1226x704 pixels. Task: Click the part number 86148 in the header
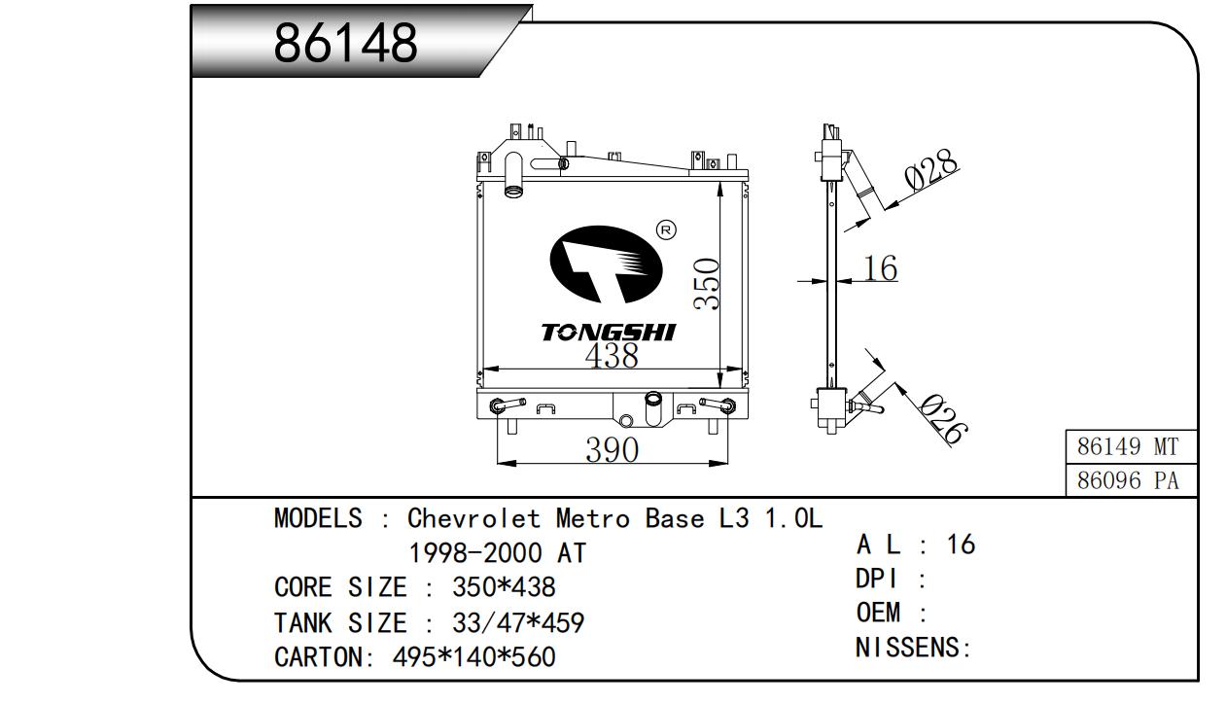(345, 43)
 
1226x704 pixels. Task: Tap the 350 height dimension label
(707, 284)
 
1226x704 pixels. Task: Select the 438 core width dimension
(612, 356)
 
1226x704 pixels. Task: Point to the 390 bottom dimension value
(612, 450)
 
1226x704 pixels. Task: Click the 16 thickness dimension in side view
(880, 268)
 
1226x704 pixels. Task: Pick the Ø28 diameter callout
(930, 171)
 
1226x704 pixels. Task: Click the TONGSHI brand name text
(608, 333)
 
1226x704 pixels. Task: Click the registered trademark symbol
(667, 230)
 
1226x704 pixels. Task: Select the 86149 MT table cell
(1128, 447)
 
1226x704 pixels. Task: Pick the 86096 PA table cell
(1128, 480)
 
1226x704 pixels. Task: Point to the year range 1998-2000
(475, 553)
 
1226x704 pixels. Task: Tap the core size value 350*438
(504, 587)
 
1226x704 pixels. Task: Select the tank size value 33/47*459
(517, 622)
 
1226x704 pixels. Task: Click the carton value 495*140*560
(473, 657)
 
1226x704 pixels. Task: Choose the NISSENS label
(913, 648)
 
